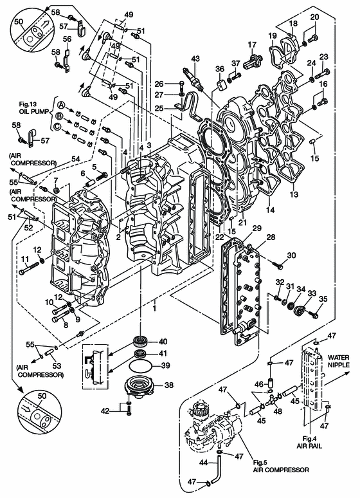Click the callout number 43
coord(195,59)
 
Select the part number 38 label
coord(169,385)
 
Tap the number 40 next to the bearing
coord(163,342)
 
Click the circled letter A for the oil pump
coord(61,105)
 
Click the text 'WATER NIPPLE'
coord(338,361)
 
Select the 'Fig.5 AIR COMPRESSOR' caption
coord(281,466)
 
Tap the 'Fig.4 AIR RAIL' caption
coord(309,442)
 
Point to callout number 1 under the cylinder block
coord(154,308)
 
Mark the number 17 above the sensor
coord(252,45)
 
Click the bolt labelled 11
coord(29,268)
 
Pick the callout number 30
coord(291,255)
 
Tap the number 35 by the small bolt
coord(323,299)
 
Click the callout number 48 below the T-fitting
coord(278,411)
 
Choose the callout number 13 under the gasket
coord(294,194)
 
